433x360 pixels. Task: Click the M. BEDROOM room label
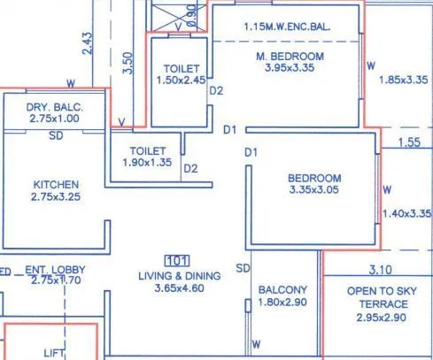(x=290, y=56)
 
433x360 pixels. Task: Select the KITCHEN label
(x=56, y=184)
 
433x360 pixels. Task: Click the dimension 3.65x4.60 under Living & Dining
(x=179, y=288)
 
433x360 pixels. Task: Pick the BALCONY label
(x=283, y=289)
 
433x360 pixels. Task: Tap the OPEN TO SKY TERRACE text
(x=377, y=296)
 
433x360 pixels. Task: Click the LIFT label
(x=55, y=352)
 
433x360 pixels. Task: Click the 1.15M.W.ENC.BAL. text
(x=287, y=27)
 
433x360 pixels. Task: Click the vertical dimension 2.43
(x=87, y=43)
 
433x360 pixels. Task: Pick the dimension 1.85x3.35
(x=404, y=80)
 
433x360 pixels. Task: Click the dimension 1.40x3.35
(x=406, y=213)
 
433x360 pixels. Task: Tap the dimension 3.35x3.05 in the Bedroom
(x=314, y=189)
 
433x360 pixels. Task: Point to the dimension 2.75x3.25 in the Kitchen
(x=56, y=197)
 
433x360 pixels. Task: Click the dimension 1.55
(x=408, y=142)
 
